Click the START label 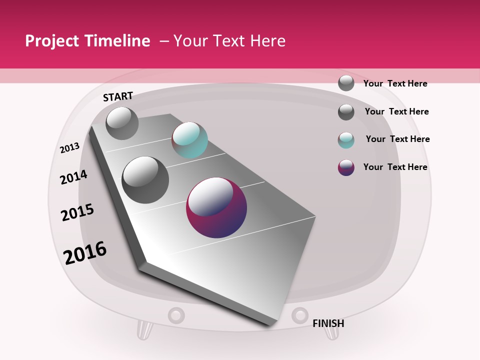(118, 96)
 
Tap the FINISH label (328, 323)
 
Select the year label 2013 (69, 148)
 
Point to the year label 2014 (73, 177)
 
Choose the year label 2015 (77, 212)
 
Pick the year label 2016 (85, 252)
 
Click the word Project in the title (52, 41)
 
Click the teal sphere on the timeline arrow (189, 140)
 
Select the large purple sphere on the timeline (216, 207)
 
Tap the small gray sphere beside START (122, 123)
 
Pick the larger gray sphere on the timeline (145, 180)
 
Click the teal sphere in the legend (346, 140)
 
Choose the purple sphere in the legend (346, 167)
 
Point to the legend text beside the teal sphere (397, 139)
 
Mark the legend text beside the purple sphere (395, 167)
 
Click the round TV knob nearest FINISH (300, 315)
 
